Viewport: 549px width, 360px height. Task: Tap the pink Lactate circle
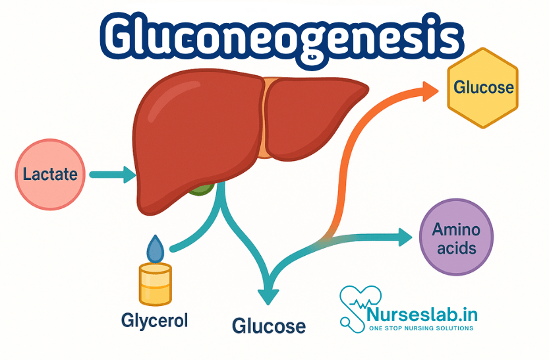coord(50,174)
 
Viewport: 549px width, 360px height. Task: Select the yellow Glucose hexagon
coord(484,86)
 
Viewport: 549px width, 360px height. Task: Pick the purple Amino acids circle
coord(456,237)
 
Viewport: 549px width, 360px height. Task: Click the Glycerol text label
coord(154,320)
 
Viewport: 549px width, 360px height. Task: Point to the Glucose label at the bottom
coord(268,325)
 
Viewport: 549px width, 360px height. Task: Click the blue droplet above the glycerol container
coord(156,249)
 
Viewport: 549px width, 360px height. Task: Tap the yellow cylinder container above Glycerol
coord(156,283)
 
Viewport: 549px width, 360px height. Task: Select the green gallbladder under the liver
coord(202,191)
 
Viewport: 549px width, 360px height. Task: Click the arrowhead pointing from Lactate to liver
coord(127,175)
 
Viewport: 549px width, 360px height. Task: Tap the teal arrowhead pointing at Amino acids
coord(403,237)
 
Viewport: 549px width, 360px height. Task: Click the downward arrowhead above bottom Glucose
coord(268,294)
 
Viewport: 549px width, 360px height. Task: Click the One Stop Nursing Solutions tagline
coord(421,328)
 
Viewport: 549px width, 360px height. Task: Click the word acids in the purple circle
coord(456,249)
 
